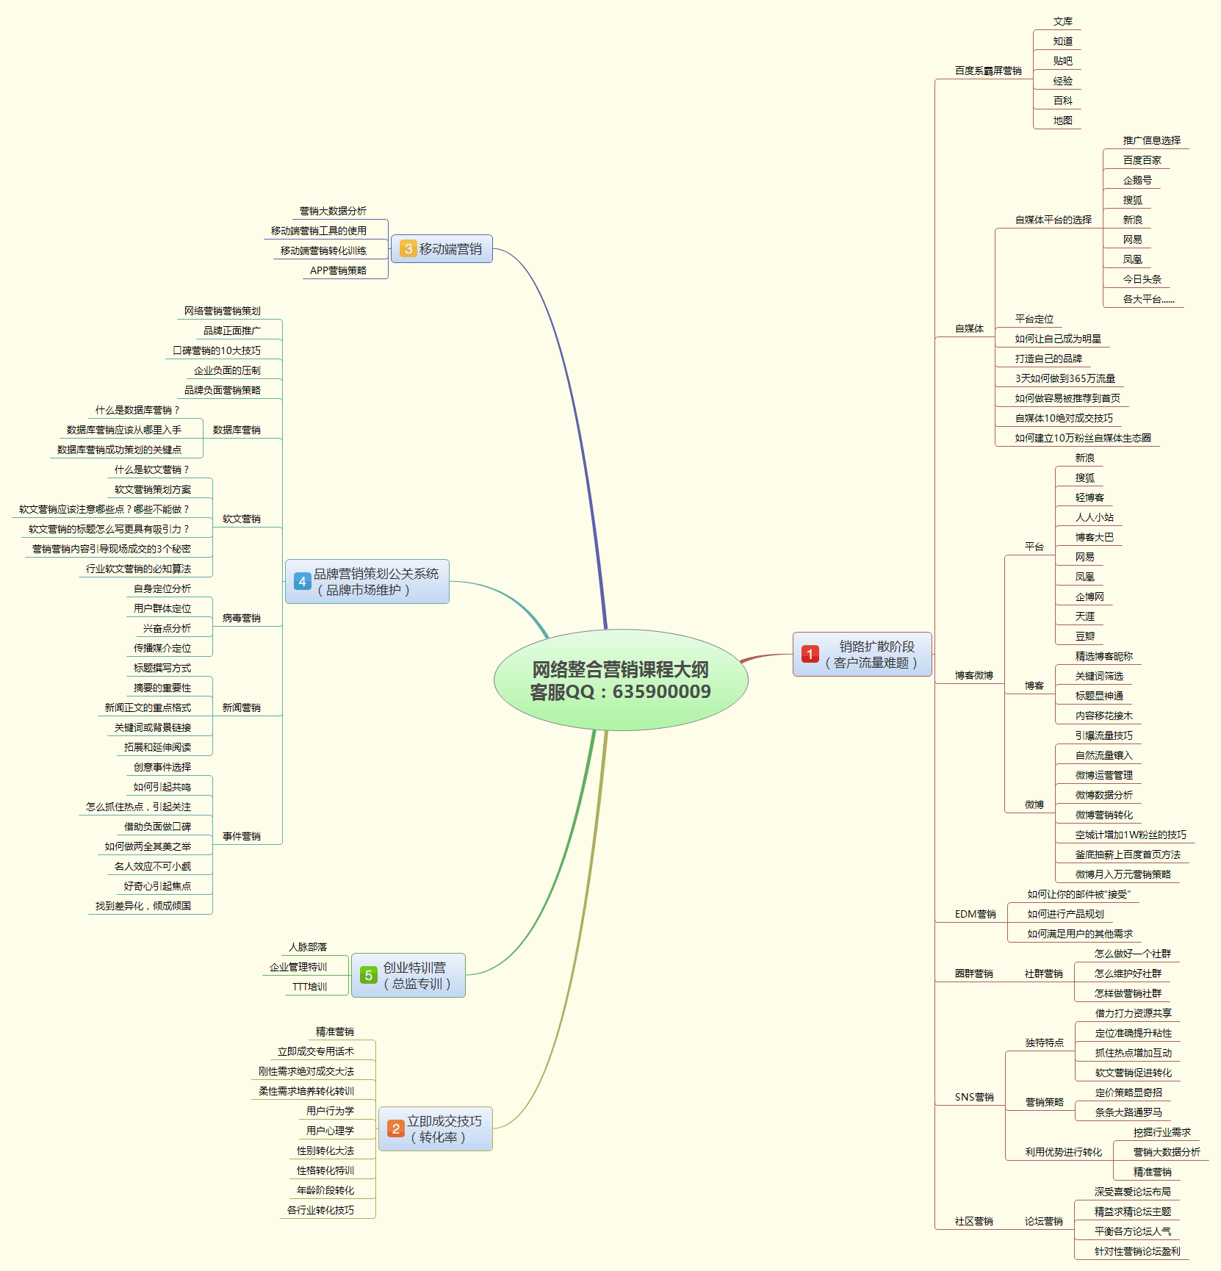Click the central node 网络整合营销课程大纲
621,680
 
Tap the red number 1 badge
810,654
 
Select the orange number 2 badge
396,1128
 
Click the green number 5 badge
369,975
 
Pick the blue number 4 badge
302,581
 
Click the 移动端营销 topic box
442,249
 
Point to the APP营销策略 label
338,270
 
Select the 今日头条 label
1142,279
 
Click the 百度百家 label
1142,160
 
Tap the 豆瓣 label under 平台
1085,636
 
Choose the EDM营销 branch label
975,914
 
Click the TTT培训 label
309,987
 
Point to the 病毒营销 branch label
242,618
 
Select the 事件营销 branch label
242,836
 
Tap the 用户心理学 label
330,1131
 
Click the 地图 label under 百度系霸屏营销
1062,120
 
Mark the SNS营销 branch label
974,1097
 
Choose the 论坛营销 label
1043,1221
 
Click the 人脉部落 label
308,947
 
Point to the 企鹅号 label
1137,180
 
